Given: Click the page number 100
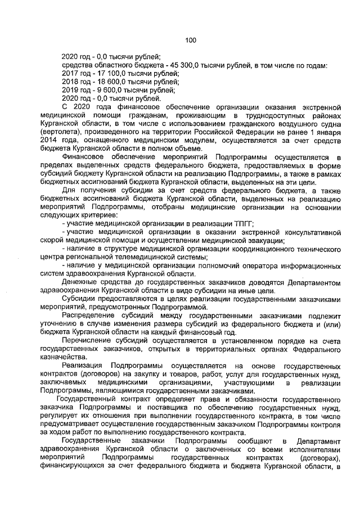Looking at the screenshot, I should [190, 40].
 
